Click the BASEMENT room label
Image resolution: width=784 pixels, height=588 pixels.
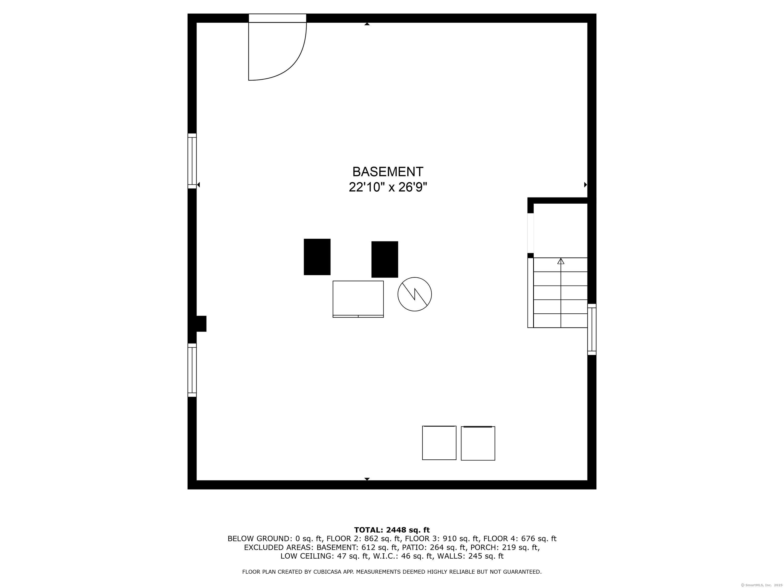click(387, 172)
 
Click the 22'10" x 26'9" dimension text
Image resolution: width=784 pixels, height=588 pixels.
click(388, 187)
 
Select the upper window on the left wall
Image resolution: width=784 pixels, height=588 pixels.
click(192, 161)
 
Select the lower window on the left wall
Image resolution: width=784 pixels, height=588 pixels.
click(192, 370)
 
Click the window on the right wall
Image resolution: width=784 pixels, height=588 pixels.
click(592, 329)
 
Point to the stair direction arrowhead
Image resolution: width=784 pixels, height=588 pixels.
click(560, 261)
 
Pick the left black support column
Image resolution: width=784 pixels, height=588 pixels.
click(317, 257)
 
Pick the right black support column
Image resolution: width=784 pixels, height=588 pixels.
click(385, 260)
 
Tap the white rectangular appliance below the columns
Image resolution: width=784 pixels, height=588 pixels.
click(358, 299)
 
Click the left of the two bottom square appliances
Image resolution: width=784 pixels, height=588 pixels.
click(439, 443)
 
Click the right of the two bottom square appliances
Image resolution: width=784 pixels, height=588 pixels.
click(478, 443)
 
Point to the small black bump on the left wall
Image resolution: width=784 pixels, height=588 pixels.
click(201, 324)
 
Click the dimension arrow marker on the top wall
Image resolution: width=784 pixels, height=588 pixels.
click(367, 24)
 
